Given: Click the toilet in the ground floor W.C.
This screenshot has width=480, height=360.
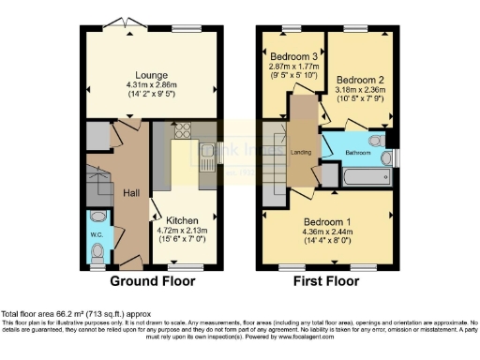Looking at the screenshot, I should tap(98, 250).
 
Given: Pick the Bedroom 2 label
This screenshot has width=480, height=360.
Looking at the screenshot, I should tap(357, 79).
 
